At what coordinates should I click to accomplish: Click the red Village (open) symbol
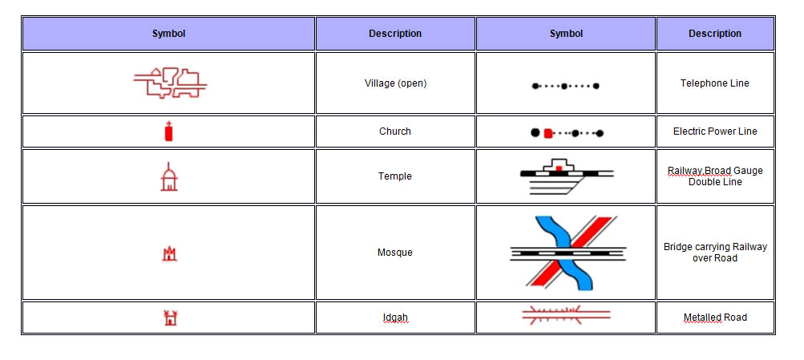coord(170,83)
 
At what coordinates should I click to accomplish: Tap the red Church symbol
coord(168,131)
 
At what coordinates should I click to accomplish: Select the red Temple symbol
coord(168,177)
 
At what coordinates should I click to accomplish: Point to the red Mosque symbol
coord(168,253)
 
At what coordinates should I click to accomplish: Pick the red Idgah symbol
coord(169,318)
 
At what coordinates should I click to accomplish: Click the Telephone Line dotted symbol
coord(566,86)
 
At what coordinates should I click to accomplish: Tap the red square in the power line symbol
coord(547,133)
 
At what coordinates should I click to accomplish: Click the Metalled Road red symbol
coord(566,314)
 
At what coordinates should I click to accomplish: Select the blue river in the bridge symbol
coord(564,253)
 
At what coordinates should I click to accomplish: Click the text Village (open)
coord(395,83)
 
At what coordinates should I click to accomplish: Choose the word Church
coord(395,131)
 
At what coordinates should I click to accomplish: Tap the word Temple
coord(395,176)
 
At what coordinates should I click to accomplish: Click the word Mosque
coord(395,253)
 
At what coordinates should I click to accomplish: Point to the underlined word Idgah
coord(395,318)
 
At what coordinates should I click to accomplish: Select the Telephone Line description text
coord(715,83)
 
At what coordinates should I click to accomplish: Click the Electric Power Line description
coord(715,131)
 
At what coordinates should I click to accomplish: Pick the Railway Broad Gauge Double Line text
coord(715,176)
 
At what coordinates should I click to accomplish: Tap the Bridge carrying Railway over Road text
coord(715,253)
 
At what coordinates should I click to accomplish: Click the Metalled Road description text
coord(715,318)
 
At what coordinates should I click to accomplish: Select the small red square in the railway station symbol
coord(559,168)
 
